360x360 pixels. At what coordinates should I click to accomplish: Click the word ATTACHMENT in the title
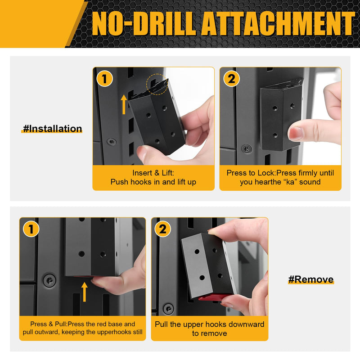click(279, 24)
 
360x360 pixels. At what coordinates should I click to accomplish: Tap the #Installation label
click(52, 129)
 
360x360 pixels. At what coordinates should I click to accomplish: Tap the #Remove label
click(311, 279)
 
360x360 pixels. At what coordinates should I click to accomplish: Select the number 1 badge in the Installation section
click(105, 78)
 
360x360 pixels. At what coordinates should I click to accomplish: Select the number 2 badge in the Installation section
click(231, 78)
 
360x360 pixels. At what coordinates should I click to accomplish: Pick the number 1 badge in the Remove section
click(31, 229)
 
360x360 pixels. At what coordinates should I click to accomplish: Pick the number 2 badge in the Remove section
click(162, 229)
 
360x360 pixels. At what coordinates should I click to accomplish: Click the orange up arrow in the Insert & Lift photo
click(124, 104)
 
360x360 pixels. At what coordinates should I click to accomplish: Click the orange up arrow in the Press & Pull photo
click(85, 292)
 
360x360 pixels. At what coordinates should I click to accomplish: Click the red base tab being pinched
click(213, 297)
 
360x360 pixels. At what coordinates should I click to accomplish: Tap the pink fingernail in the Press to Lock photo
click(295, 134)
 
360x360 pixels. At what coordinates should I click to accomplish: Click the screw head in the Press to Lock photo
click(247, 149)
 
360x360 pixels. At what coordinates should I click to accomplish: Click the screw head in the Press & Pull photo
click(49, 280)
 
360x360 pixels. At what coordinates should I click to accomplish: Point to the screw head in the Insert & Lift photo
click(112, 142)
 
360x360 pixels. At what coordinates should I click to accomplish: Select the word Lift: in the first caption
click(166, 173)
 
